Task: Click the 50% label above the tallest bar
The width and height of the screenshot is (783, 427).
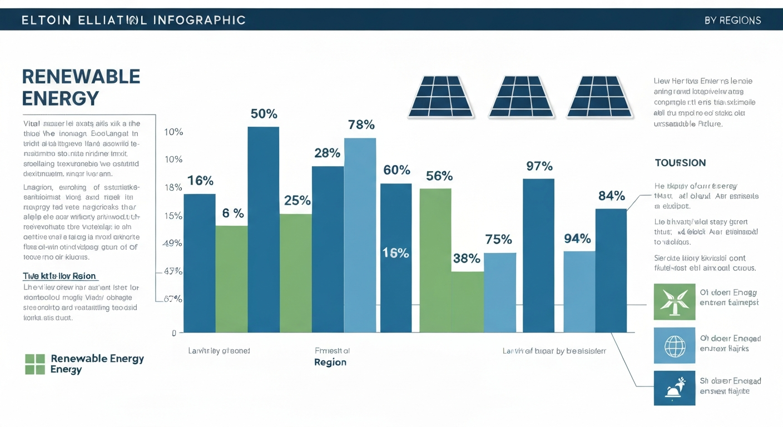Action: tap(264, 114)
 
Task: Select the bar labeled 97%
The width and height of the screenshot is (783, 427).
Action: tap(538, 256)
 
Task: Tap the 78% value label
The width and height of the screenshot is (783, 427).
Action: tap(361, 125)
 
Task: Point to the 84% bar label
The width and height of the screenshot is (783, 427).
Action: tap(611, 196)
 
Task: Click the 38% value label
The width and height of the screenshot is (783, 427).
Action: tap(466, 259)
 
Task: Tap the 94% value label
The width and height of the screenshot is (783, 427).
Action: tap(577, 239)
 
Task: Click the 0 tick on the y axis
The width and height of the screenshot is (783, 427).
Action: tap(174, 333)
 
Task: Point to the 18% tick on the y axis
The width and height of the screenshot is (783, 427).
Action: tap(174, 187)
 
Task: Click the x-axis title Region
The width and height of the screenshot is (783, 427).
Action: tap(330, 363)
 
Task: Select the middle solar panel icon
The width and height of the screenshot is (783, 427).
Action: tap(521, 97)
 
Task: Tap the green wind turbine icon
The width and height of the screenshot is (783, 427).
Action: tap(675, 302)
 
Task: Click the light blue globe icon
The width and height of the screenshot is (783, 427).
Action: tap(675, 345)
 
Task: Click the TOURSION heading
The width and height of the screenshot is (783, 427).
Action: tap(680, 163)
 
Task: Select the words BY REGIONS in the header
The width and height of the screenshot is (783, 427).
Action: tap(732, 21)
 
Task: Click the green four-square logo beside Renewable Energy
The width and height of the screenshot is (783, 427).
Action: tap(34, 364)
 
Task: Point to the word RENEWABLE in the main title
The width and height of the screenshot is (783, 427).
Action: tap(81, 76)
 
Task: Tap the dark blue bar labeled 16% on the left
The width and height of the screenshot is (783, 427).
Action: tap(200, 263)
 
